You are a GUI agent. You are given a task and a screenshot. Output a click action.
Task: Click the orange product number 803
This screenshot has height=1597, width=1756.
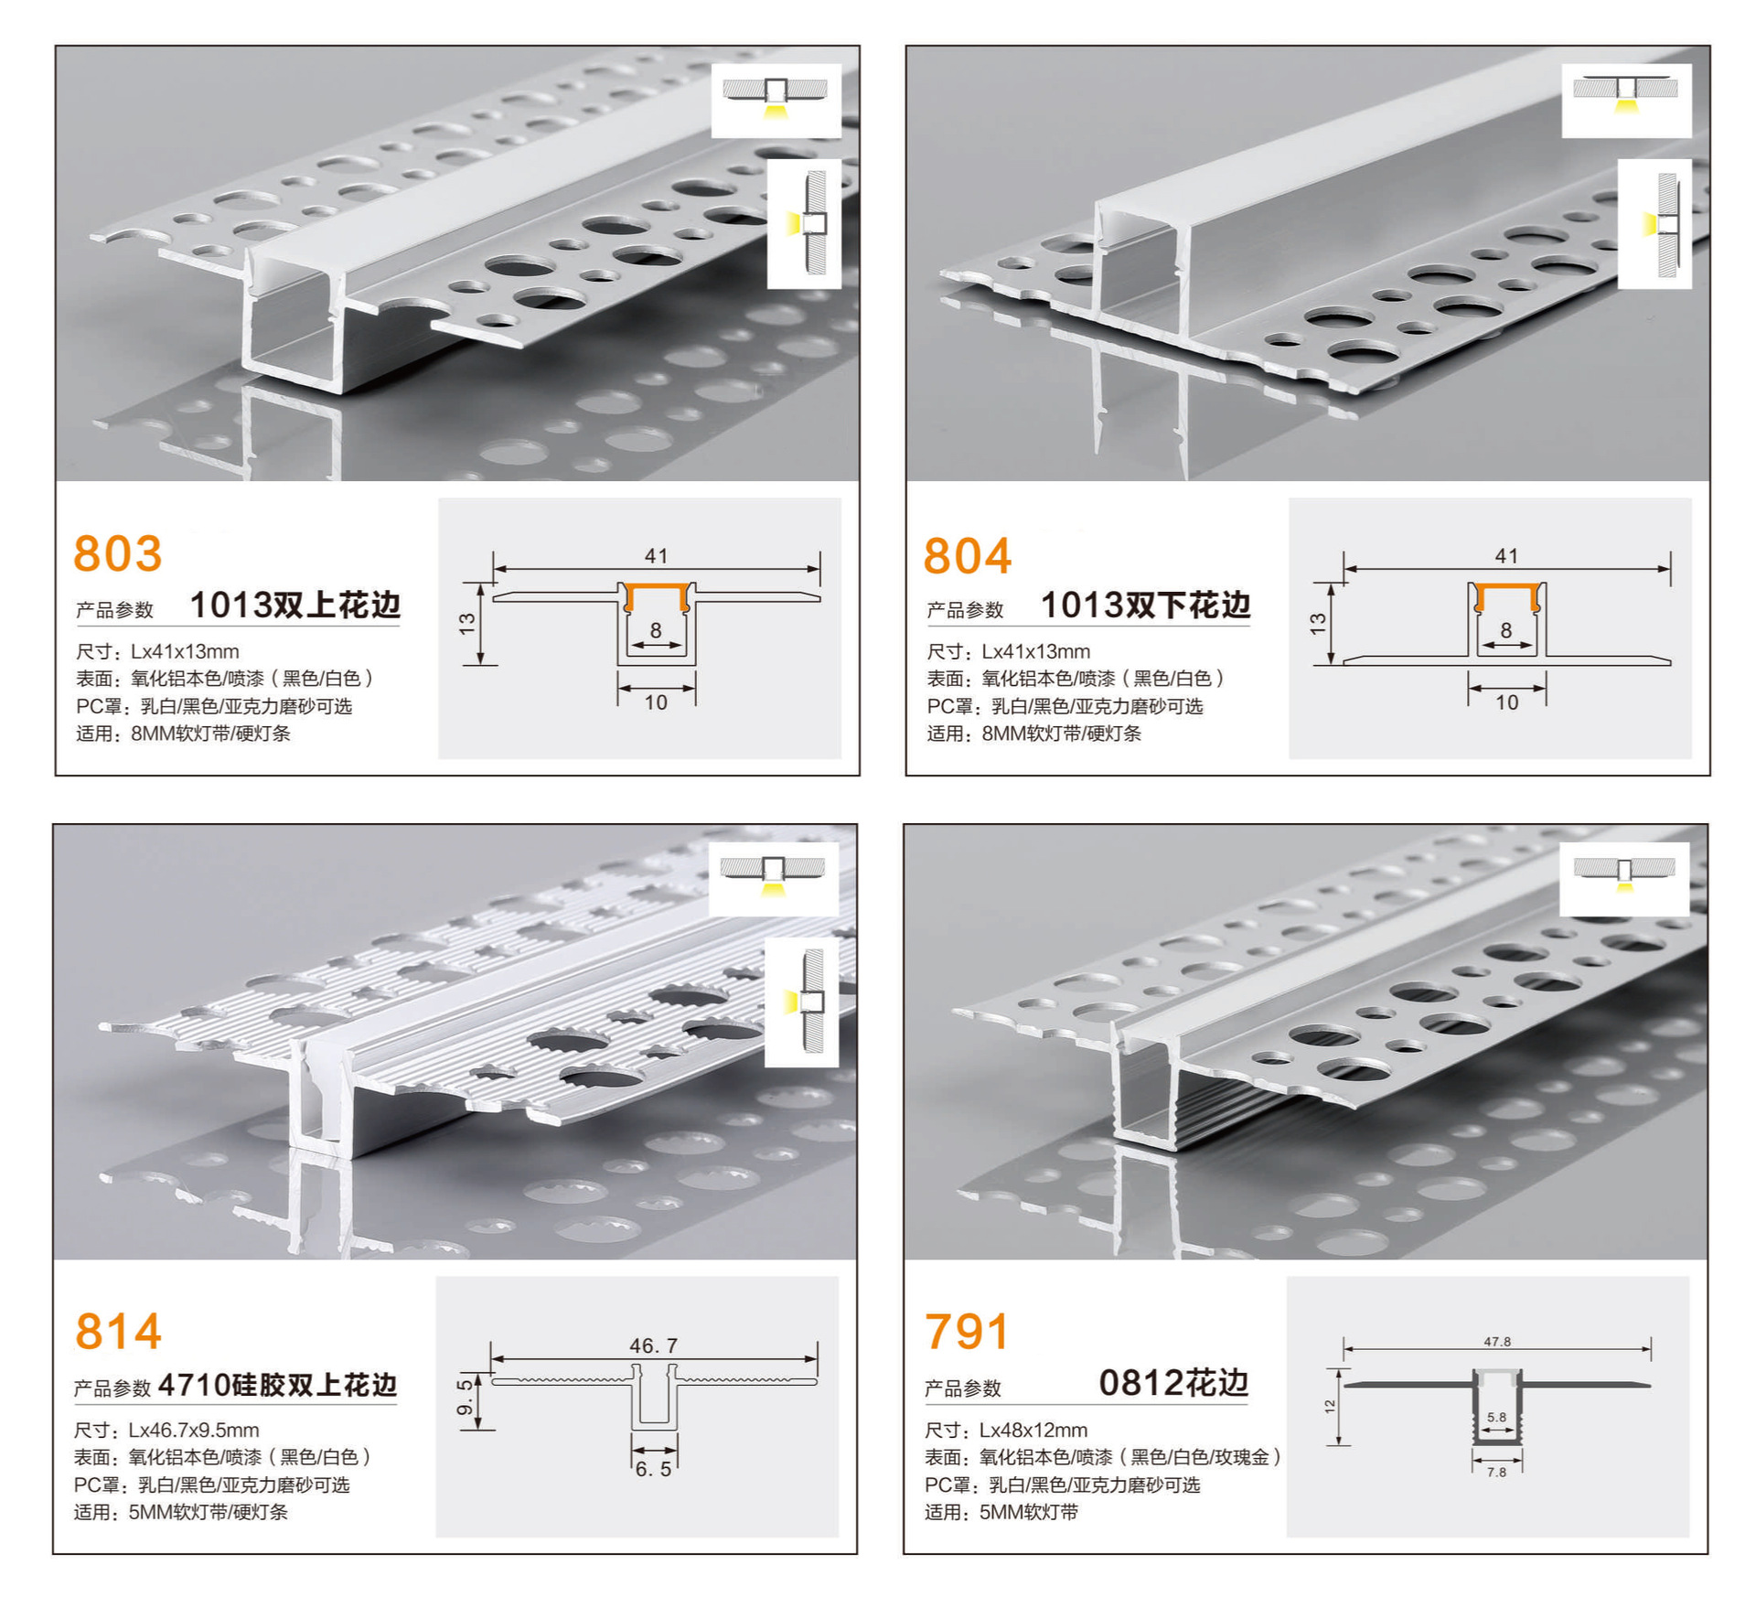118,553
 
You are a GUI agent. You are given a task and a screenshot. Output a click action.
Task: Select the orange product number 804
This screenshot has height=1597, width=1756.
968,556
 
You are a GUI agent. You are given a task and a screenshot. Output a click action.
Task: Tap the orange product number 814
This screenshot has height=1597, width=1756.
118,1331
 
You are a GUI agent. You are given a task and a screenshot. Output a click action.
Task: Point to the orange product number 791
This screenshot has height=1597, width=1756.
967,1332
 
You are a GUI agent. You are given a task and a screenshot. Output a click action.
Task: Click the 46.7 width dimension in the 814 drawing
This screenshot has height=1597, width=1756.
653,1345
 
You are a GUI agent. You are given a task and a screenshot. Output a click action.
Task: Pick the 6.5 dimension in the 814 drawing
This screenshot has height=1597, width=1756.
653,1469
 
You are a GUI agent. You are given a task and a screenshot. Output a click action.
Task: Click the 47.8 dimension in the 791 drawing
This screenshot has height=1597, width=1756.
1497,1342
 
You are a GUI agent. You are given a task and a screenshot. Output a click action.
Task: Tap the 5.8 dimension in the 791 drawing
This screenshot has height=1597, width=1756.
1496,1418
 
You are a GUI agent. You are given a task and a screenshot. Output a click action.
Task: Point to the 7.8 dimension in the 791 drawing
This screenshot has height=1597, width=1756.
1496,1473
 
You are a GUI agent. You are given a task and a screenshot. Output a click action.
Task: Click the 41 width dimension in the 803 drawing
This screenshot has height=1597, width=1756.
656,555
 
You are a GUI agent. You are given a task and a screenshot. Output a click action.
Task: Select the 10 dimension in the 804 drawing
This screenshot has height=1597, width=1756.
1506,702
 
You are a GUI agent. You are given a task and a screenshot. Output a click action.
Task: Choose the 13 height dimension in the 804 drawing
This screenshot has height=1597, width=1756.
1317,624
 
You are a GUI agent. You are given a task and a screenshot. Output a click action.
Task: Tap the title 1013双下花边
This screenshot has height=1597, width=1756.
1145,606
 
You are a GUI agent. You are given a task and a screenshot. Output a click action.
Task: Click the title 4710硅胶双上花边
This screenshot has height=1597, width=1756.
277,1385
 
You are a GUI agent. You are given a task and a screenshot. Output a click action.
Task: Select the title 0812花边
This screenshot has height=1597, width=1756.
1173,1383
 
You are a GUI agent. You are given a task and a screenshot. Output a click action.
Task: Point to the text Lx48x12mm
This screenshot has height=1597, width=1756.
1033,1430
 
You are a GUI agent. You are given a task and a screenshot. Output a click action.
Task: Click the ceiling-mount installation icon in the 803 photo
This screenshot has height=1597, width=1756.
776,100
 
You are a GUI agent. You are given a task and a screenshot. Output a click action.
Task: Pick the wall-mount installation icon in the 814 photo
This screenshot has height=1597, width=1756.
801,1002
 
